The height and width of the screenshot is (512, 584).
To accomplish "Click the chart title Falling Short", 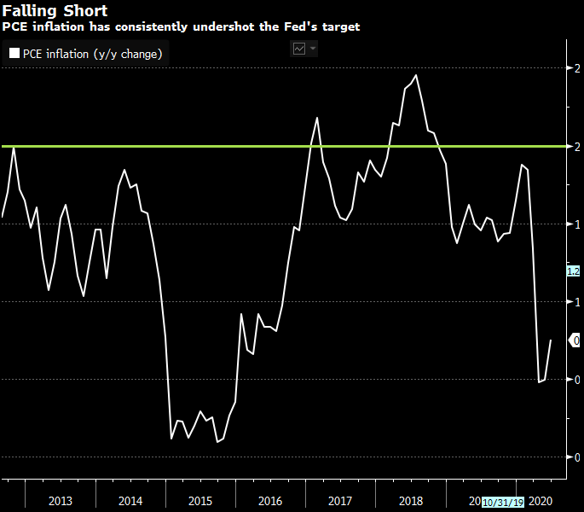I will coord(55,11).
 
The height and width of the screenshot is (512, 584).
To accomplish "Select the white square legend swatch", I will coord(14,53).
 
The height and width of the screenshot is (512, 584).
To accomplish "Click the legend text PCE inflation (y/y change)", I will coord(92,53).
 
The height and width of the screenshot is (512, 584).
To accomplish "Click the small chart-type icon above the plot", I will coord(299,49).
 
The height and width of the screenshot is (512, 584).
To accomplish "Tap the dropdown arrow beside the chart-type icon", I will coord(313,49).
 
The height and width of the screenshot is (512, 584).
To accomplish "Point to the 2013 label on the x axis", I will coord(61,501).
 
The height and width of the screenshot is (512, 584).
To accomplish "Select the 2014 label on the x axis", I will coord(130,501).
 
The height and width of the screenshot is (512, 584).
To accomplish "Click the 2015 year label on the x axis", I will coord(200,501).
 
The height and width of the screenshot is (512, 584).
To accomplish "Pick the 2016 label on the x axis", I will coord(270,501).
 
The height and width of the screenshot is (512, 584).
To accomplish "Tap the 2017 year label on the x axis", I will coord(340,501).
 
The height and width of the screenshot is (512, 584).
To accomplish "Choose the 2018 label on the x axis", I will coord(410,501).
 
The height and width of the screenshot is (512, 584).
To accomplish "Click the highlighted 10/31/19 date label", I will coord(504,502).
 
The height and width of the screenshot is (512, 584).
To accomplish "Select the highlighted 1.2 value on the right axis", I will coord(574,271).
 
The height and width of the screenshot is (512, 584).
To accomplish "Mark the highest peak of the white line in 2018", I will coord(416,76).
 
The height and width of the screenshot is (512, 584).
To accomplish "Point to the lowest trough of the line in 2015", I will coord(218,441).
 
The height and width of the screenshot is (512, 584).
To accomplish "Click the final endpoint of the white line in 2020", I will coord(551,340).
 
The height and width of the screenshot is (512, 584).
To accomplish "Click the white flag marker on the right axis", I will coord(575,340).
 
